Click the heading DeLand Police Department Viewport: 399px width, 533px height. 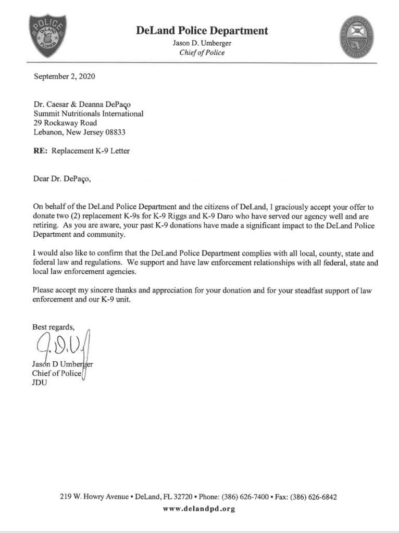(202, 31)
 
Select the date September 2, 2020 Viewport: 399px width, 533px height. (65, 77)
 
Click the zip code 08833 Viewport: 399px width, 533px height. (114, 132)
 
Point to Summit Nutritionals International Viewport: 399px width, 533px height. (88, 113)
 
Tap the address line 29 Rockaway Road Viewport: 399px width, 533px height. (65, 123)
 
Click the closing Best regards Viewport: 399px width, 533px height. (54, 327)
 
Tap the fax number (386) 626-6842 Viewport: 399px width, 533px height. (313, 497)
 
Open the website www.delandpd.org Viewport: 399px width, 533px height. (199, 509)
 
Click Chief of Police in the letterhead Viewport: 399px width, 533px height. (202, 53)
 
